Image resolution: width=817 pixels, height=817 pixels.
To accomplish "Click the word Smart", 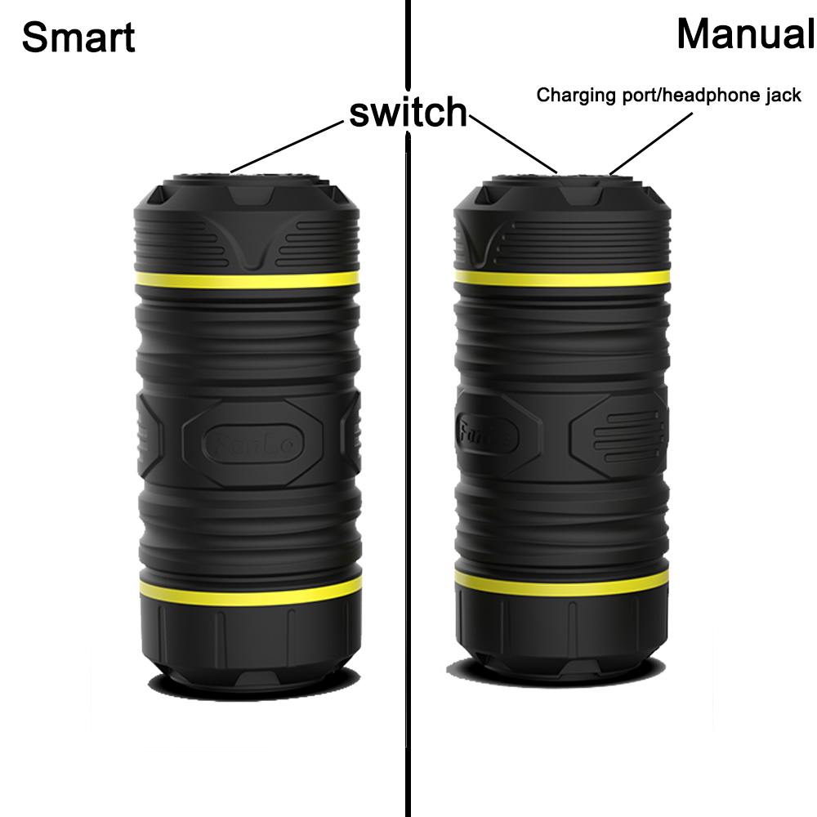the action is tap(78, 38).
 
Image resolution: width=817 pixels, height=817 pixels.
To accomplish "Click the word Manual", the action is tap(746, 34).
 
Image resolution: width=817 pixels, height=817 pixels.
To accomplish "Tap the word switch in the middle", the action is tap(408, 111).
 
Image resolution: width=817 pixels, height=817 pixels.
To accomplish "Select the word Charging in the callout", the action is tap(576, 96).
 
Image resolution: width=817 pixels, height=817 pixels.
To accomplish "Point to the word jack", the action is tap(784, 95).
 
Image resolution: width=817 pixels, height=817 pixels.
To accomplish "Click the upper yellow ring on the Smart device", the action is tap(248, 279).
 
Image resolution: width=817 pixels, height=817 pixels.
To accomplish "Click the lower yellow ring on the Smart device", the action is tap(251, 591).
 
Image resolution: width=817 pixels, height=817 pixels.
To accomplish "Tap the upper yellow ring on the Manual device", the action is tap(562, 278).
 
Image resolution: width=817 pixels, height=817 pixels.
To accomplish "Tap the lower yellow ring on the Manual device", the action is tap(562, 583).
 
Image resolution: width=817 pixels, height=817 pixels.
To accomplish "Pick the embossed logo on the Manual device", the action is tap(487, 434).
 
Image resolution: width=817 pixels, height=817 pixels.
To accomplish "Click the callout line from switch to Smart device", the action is tap(287, 146).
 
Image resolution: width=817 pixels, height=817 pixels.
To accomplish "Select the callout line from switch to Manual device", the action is tap(513, 144).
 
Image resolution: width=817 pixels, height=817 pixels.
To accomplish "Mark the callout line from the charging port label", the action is tap(651, 143).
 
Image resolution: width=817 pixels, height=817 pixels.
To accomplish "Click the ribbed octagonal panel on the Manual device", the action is tap(618, 435).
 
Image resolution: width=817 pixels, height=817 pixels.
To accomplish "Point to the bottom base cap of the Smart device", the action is tap(251, 646).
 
